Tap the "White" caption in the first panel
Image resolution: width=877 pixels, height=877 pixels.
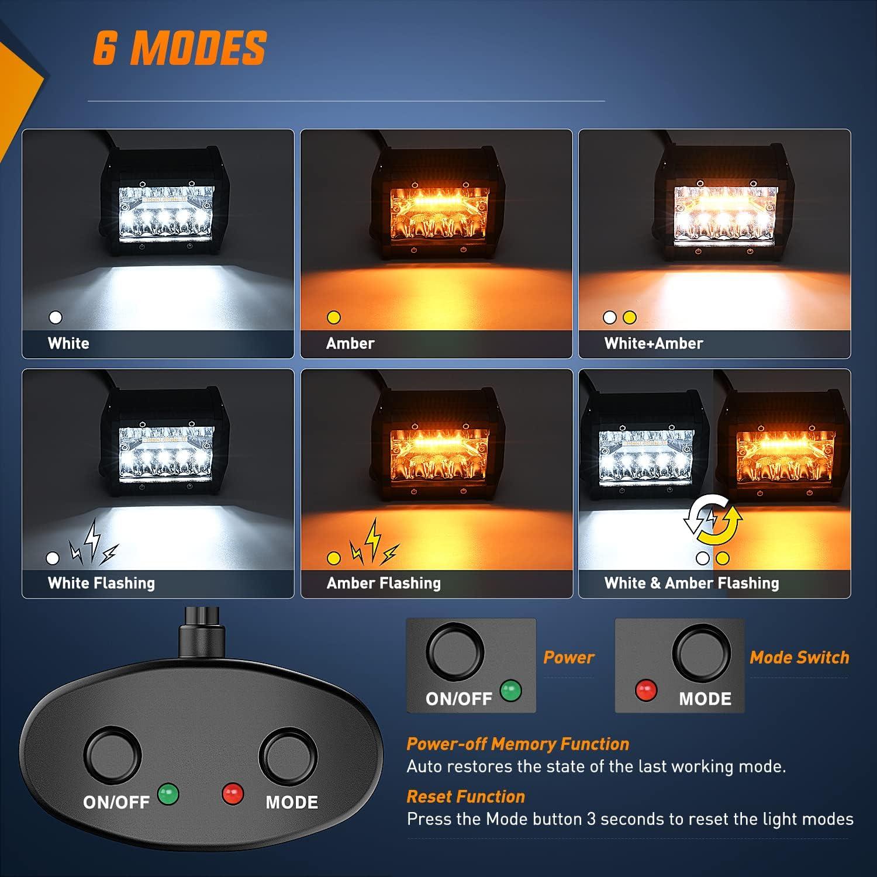(x=68, y=343)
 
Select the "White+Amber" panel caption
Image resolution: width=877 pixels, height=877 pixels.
(x=653, y=343)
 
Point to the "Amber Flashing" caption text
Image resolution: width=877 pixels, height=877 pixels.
(x=384, y=583)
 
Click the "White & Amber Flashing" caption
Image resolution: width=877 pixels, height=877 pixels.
(x=692, y=583)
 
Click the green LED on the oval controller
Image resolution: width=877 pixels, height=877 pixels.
(x=168, y=794)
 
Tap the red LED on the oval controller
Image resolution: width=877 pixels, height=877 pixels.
(x=232, y=794)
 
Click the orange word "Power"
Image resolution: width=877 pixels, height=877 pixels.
(x=568, y=657)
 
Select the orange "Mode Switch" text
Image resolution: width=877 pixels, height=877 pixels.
(x=799, y=657)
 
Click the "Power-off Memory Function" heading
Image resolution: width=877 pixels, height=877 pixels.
(x=517, y=744)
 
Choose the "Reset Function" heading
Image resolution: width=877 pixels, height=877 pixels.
(x=465, y=796)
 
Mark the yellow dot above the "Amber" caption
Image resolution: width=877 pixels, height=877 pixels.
(x=334, y=317)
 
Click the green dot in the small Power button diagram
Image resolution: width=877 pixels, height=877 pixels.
(x=511, y=690)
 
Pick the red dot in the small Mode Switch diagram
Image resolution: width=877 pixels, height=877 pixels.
(x=646, y=690)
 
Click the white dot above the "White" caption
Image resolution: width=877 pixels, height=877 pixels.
(x=56, y=317)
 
